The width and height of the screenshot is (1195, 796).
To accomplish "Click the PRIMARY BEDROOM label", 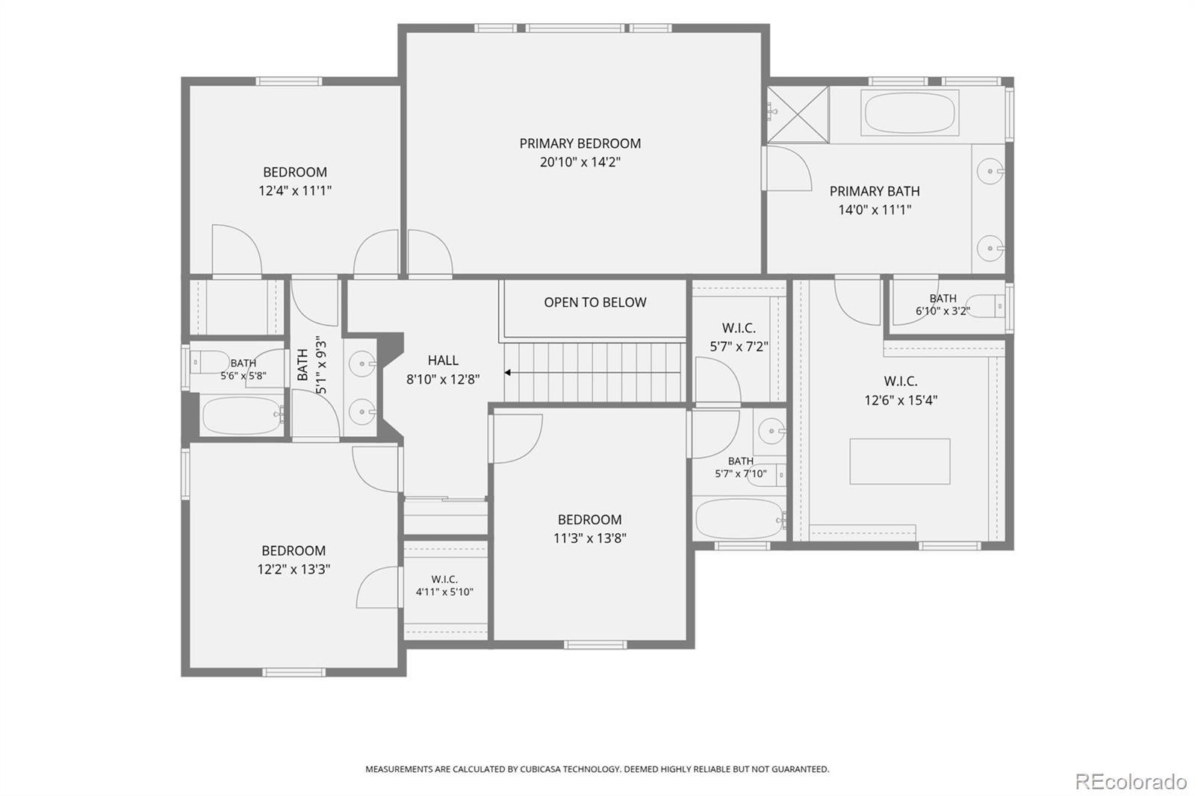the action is coord(580,143).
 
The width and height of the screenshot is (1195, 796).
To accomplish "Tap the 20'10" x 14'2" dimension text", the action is coord(580,162).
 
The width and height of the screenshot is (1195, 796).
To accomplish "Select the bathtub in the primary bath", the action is coord(910,113).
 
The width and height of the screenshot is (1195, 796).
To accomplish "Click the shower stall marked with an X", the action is coord(798,115).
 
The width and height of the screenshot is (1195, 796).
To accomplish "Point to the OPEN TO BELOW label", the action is coord(595,302).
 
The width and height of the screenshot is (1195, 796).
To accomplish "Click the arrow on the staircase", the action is coord(592,373).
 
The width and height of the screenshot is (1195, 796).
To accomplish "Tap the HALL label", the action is coord(443,361).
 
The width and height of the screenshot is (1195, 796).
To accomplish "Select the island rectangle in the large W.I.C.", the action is coord(899,461).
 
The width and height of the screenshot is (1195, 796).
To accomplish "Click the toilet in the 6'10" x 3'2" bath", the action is coord(985,306).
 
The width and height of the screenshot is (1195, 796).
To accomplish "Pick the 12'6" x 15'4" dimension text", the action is coord(901,400).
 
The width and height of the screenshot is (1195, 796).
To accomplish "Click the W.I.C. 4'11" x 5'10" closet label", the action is coord(444,585).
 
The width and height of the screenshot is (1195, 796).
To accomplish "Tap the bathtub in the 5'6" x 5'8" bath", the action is coord(243,416).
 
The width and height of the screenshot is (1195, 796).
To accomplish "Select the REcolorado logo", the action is coord(1131,782).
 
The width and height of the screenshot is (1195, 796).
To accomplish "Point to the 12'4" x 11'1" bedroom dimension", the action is coord(295,191).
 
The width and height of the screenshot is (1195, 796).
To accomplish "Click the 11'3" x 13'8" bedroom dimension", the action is coord(589,538).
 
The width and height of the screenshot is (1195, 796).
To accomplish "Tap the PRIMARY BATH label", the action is coord(875,191).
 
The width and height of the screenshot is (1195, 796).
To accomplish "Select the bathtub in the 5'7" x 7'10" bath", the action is coord(739,519).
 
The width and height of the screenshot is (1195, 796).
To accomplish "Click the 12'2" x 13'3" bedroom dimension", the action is coord(294,569).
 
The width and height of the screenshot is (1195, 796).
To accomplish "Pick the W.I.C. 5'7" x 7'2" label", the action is coord(739,338).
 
